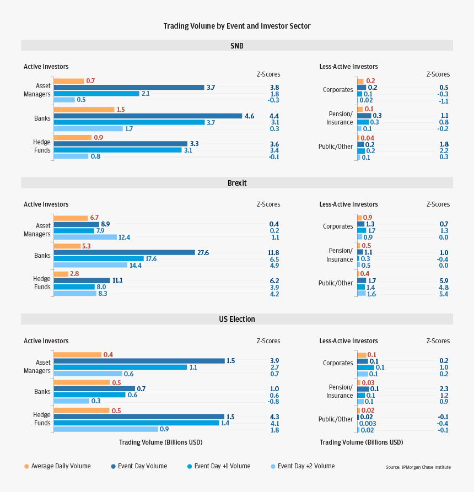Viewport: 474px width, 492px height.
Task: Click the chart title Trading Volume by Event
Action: [236, 26]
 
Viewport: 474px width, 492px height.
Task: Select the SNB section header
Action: [236, 46]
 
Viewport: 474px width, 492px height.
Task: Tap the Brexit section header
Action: [236, 183]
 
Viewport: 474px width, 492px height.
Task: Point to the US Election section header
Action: [236, 319]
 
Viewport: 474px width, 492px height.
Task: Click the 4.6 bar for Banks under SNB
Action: [148, 116]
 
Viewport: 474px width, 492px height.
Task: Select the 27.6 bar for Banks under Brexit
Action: [124, 252]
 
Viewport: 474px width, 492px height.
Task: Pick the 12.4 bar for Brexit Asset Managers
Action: [85, 237]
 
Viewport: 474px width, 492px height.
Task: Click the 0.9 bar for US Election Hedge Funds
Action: [105, 429]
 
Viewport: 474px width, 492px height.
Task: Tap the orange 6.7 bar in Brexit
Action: [71, 218]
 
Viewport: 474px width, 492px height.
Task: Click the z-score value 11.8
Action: [273, 252]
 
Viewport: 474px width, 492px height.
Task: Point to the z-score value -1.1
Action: [443, 101]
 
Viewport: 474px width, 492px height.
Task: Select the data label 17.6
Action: [152, 259]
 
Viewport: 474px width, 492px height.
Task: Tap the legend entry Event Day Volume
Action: [139, 466]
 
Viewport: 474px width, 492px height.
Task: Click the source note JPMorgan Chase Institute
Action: [418, 467]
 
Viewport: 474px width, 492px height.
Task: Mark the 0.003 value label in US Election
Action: [368, 423]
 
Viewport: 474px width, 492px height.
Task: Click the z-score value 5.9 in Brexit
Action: [444, 280]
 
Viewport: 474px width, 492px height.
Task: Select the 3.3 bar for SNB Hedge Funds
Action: [120, 144]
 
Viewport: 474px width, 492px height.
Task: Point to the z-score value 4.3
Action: [274, 417]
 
